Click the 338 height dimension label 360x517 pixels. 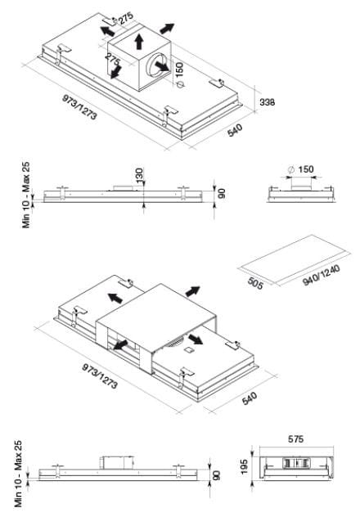pyautogui.click(x=267, y=102)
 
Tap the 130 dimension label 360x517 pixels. pyautogui.click(x=139, y=175)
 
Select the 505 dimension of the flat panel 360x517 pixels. pyautogui.click(x=255, y=284)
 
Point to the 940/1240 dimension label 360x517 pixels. pyautogui.click(x=321, y=276)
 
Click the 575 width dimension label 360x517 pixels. pyautogui.click(x=295, y=439)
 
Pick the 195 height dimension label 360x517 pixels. pyautogui.click(x=245, y=467)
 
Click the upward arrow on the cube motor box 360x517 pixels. pyautogui.click(x=139, y=42)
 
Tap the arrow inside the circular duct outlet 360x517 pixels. pyautogui.click(x=162, y=67)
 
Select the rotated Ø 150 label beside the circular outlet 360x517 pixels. pyautogui.click(x=179, y=74)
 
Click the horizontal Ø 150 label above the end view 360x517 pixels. pyautogui.click(x=300, y=169)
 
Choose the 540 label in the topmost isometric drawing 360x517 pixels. pyautogui.click(x=235, y=130)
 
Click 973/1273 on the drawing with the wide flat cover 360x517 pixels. pyautogui.click(x=100, y=376)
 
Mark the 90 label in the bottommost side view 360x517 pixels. pyautogui.click(x=217, y=475)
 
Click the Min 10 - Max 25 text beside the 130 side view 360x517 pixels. pyautogui.click(x=25, y=195)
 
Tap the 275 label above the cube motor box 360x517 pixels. pyautogui.click(x=126, y=18)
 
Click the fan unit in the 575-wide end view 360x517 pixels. pyautogui.click(x=295, y=463)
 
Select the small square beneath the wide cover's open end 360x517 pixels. pyautogui.click(x=190, y=350)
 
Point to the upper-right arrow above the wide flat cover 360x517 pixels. pyautogui.click(x=193, y=291)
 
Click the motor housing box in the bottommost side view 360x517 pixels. pyautogui.click(x=117, y=462)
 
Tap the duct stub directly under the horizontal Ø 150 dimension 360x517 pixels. pyautogui.click(x=300, y=184)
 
